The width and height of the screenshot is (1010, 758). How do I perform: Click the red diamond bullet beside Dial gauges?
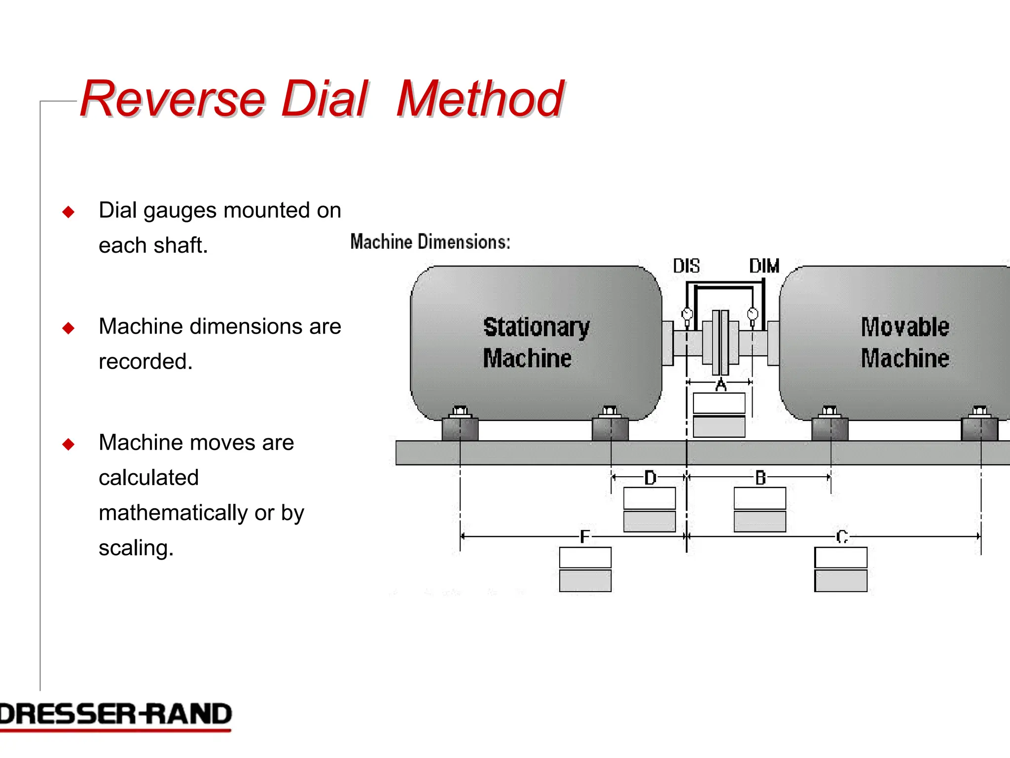[69, 212]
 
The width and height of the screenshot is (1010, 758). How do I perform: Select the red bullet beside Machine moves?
[69, 444]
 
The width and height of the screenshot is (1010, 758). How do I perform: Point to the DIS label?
[686, 266]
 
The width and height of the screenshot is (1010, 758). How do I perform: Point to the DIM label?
[764, 266]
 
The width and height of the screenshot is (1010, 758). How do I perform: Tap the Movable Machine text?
[904, 342]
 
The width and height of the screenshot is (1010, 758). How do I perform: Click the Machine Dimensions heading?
[430, 242]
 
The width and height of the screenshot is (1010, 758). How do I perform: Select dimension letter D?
[650, 478]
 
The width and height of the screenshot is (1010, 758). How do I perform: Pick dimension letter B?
[760, 478]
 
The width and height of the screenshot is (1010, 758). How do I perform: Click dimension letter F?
[584, 536]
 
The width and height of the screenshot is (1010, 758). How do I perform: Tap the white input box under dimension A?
[719, 403]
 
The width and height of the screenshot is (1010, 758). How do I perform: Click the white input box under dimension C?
[840, 558]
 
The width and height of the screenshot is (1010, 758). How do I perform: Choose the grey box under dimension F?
[585, 581]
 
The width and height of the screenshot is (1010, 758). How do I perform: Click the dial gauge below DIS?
[687, 314]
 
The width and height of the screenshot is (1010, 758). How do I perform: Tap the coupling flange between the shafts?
[721, 342]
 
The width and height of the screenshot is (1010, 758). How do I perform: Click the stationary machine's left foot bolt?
[460, 411]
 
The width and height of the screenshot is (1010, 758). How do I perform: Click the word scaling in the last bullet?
[136, 548]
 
